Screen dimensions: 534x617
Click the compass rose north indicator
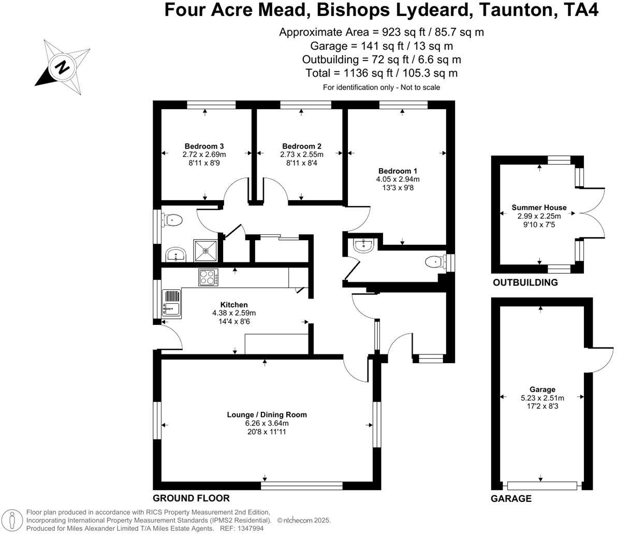pyautogui.click(x=62, y=67)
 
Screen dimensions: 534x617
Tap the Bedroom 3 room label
pyautogui.click(x=204, y=146)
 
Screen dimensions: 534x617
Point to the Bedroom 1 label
pyautogui.click(x=398, y=171)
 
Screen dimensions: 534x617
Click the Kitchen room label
pyautogui.click(x=234, y=305)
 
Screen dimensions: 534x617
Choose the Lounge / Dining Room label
pyautogui.click(x=267, y=414)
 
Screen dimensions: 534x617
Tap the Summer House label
pyautogui.click(x=539, y=207)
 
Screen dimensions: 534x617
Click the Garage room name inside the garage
pyautogui.click(x=542, y=390)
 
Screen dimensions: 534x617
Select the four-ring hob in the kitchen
pyautogui.click(x=209, y=278)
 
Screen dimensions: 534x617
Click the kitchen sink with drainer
pyautogui.click(x=171, y=303)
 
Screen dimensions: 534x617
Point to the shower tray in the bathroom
pyautogui.click(x=205, y=251)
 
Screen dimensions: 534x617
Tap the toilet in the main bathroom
pyautogui.click(x=173, y=221)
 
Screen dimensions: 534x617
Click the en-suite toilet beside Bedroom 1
pyautogui.click(x=434, y=262)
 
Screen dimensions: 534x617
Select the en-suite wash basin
pyautogui.click(x=364, y=245)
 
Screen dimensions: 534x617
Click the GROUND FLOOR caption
pyautogui.click(x=191, y=498)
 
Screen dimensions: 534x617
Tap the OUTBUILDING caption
pyautogui.click(x=525, y=283)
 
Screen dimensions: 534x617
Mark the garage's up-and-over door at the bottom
pyautogui.click(x=542, y=485)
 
